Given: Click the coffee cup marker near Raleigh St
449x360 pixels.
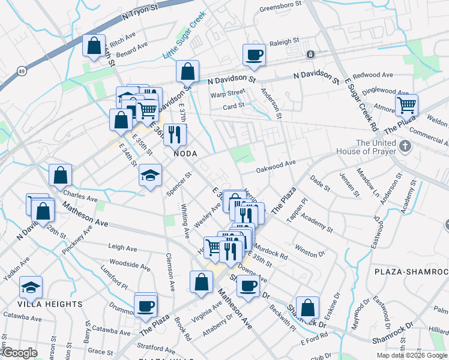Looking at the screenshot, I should click(254, 55).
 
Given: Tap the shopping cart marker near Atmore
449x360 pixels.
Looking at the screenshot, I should click(407, 106).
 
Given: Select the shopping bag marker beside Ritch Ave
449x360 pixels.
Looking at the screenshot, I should click(94, 46).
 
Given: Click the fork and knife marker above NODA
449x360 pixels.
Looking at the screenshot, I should click(175, 134).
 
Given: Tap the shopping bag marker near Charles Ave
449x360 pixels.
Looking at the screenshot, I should click(60, 175).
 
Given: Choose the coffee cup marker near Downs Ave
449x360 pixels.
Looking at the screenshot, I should click(247, 286).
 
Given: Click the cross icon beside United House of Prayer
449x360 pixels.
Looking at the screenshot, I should click(406, 146).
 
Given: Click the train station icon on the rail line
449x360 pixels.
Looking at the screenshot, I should click(310, 55).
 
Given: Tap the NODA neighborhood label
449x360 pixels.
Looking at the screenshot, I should click(185, 154).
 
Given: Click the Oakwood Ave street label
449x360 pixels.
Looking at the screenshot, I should click(276, 164).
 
